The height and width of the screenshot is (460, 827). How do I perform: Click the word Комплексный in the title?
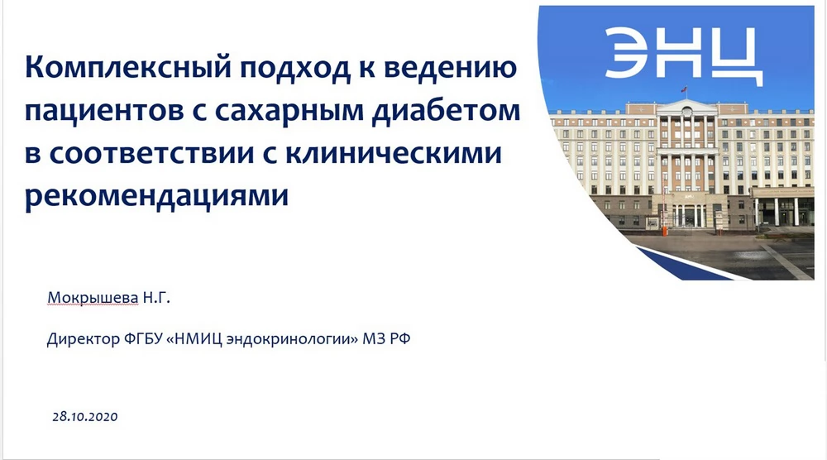(x=128, y=68)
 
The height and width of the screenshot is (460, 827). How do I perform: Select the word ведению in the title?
(x=451, y=68)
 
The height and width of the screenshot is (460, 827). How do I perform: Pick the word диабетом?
(x=447, y=110)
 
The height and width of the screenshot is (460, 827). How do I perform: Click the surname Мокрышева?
(x=93, y=298)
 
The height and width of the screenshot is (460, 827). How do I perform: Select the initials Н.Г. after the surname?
(x=156, y=298)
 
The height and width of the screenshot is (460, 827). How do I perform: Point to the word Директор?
(x=84, y=338)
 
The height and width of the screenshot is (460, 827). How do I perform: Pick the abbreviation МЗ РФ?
(x=386, y=338)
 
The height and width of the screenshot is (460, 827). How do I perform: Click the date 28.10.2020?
(x=85, y=417)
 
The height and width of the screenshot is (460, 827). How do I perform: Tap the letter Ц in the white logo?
(x=738, y=57)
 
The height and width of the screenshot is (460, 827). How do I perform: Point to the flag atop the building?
(x=684, y=89)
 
